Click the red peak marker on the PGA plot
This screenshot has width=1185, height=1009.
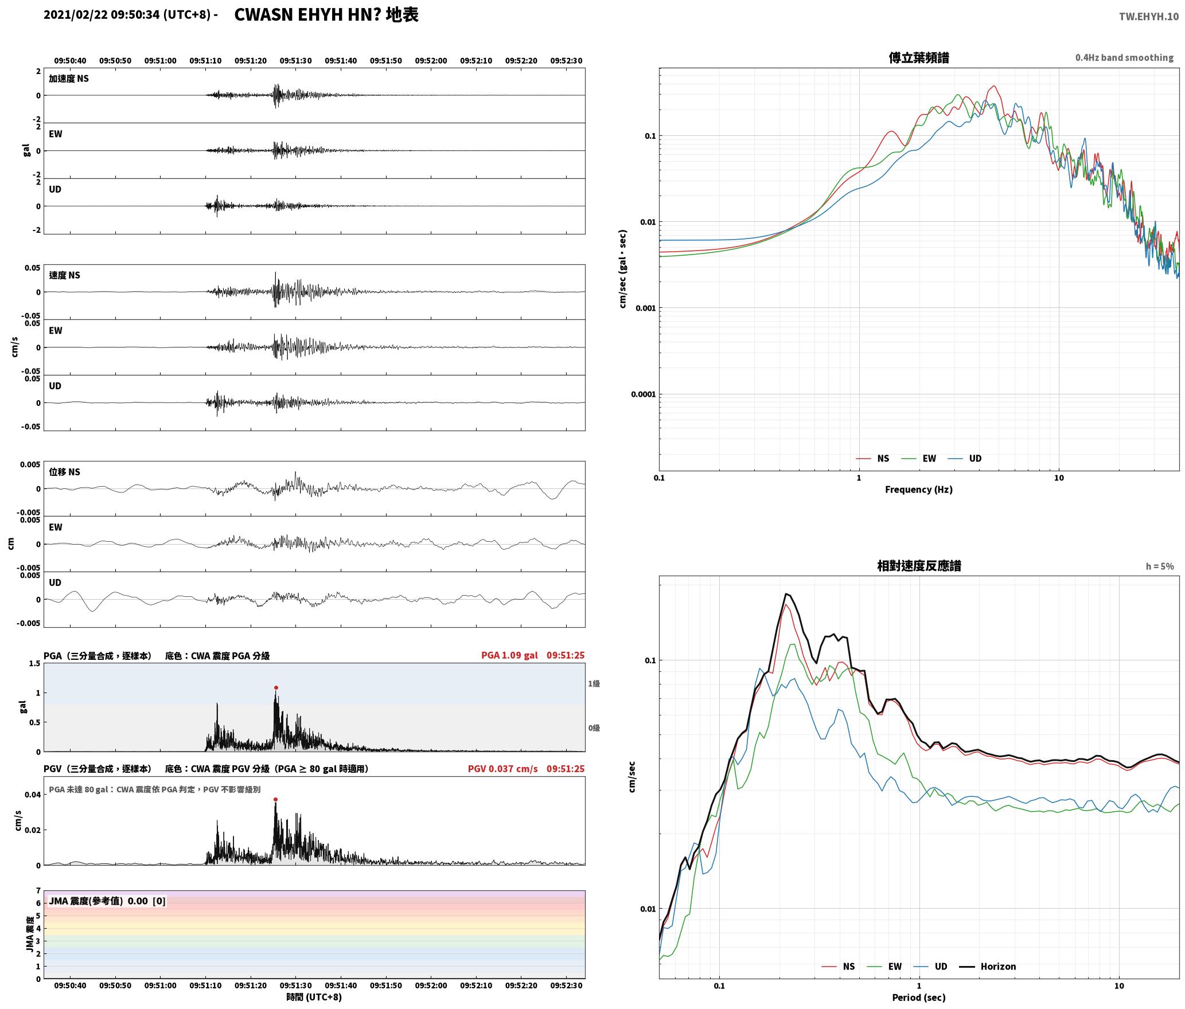(x=276, y=687)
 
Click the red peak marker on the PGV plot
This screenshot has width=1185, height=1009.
(x=275, y=799)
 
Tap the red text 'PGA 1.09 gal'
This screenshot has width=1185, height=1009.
(x=509, y=655)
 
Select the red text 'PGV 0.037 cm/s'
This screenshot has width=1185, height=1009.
(x=503, y=769)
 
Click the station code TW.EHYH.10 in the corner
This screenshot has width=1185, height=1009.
(x=1148, y=16)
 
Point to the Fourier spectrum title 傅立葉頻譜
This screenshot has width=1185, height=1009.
(x=919, y=58)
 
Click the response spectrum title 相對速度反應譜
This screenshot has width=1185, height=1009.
(x=919, y=566)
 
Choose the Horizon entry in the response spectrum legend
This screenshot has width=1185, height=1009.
(x=988, y=966)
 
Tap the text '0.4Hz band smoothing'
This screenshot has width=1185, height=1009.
(x=1124, y=58)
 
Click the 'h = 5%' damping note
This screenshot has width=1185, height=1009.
(x=1160, y=566)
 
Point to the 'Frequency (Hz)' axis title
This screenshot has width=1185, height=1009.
(x=919, y=489)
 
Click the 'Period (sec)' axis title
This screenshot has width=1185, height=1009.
(x=919, y=997)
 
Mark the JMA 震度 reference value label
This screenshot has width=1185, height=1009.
(x=107, y=901)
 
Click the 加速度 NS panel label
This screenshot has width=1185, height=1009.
(x=69, y=79)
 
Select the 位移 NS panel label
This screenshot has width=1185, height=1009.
(x=65, y=472)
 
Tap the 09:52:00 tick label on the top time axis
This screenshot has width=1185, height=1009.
(x=431, y=61)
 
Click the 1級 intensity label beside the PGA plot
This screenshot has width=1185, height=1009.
(x=594, y=683)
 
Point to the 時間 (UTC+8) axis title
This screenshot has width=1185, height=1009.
(x=314, y=997)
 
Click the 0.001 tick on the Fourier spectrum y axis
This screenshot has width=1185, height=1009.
(x=645, y=308)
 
